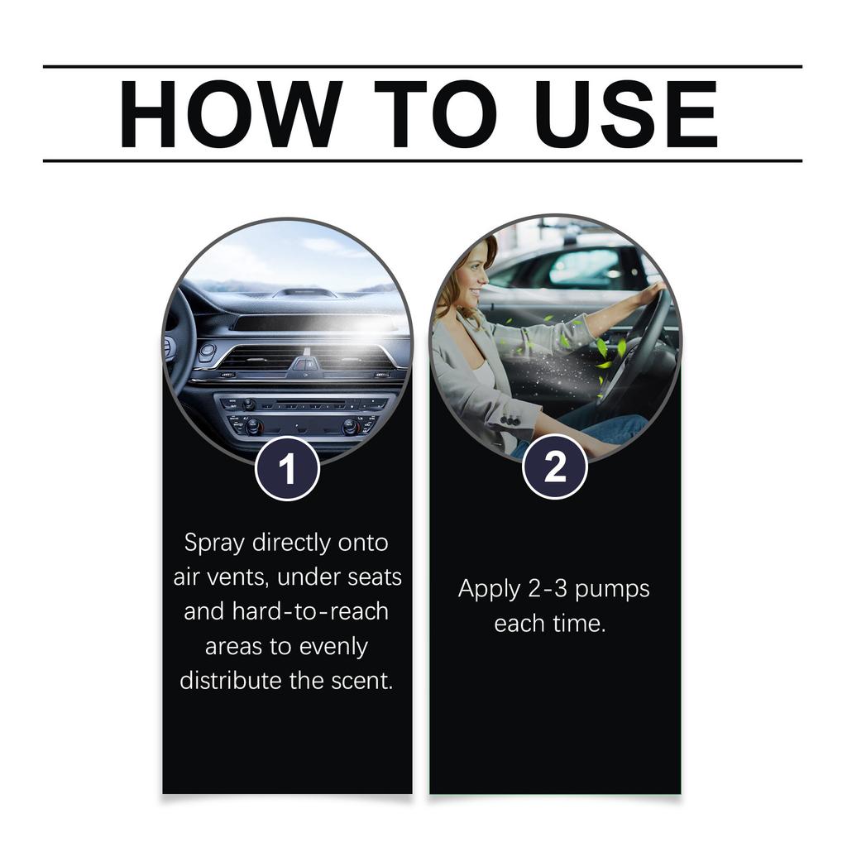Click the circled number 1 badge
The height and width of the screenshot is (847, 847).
pyautogui.click(x=287, y=469)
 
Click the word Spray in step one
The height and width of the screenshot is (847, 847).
pyautogui.click(x=214, y=543)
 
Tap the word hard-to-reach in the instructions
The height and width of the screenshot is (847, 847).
pyautogui.click(x=309, y=611)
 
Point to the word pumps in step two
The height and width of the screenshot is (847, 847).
pyautogui.click(x=612, y=591)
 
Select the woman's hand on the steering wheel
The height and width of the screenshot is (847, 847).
pyautogui.click(x=653, y=290)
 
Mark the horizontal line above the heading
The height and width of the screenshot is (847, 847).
pyautogui.click(x=422, y=66)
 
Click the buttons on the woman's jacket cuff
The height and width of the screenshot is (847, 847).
pyautogui.click(x=510, y=421)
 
